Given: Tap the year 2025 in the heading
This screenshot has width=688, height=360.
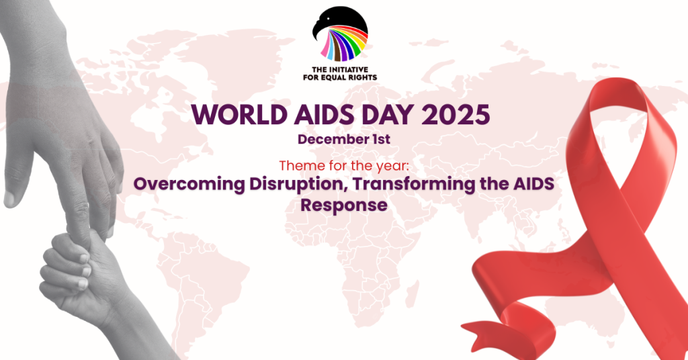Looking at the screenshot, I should point(458,115).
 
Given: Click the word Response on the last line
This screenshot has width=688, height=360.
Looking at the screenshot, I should point(344,205).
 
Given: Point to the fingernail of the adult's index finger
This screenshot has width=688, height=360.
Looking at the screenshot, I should point(11,198).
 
